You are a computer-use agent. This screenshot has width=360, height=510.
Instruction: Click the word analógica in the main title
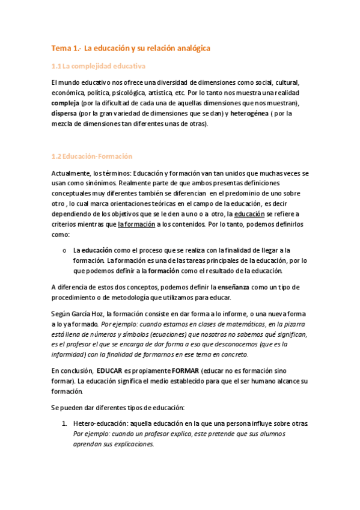coord(190,48)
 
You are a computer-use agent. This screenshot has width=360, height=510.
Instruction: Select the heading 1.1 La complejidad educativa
coord(99,66)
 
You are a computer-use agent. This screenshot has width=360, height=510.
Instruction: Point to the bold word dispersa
coord(66,113)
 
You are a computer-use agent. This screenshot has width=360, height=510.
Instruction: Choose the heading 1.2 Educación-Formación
coord(92,156)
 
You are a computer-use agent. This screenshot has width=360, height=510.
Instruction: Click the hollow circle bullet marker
coord(63,250)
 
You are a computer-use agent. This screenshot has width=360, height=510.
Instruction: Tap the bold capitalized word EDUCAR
coord(111,370)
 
